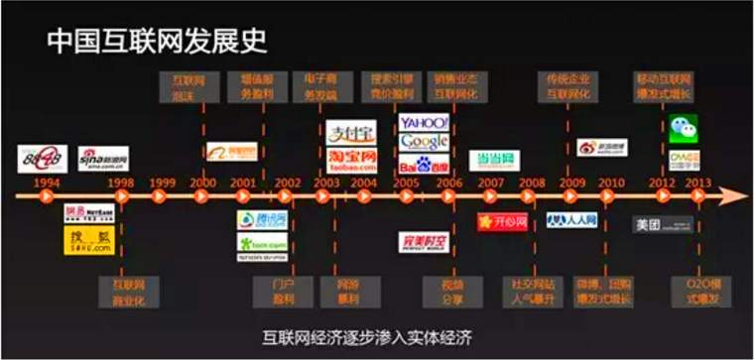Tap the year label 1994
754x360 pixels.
[x=46, y=182]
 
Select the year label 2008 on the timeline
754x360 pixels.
[x=532, y=182]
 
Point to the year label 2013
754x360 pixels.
[x=699, y=182]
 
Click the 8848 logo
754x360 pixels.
[x=42, y=158]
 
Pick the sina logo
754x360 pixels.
[x=104, y=160]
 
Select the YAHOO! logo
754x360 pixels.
[x=424, y=122]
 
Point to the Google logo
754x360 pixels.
[x=424, y=142]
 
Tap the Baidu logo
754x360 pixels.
[x=424, y=163]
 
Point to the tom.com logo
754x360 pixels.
[x=261, y=243]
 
